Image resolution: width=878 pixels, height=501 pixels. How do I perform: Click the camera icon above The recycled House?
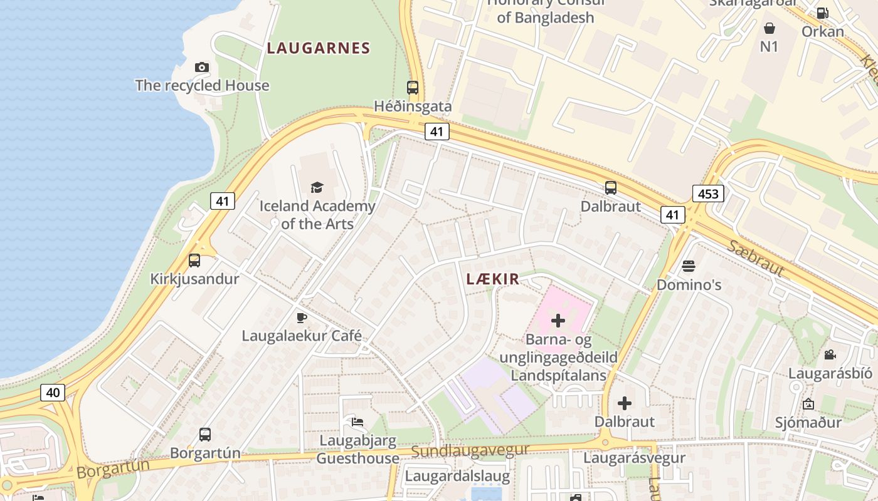tap(201, 67)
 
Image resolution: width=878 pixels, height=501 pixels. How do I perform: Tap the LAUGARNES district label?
tap(318, 48)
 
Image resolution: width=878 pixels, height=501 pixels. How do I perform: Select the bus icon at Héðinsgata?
tap(412, 88)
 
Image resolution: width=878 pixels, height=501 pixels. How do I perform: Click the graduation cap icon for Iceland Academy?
tap(317, 187)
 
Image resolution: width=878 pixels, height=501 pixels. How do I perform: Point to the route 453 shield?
tap(708, 194)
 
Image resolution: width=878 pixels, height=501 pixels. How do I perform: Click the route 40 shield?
tap(53, 393)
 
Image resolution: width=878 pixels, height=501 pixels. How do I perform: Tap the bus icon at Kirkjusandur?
tap(194, 261)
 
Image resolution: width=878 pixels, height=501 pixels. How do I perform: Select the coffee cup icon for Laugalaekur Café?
tap(302, 318)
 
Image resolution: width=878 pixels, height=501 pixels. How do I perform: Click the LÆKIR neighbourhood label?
tap(493, 279)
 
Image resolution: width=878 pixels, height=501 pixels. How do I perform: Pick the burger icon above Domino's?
tap(688, 266)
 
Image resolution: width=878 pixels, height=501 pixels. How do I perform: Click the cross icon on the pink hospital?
tap(558, 321)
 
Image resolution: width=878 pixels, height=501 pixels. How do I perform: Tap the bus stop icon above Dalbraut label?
tap(610, 187)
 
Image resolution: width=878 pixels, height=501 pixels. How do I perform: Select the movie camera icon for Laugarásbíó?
tap(830, 355)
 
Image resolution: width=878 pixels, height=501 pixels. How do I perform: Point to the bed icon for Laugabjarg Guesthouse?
tap(357, 421)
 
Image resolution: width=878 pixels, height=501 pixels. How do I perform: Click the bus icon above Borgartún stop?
tap(204, 434)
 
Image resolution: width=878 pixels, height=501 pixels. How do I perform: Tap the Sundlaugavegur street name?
tap(470, 450)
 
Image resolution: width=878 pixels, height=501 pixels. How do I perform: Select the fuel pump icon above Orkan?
tap(822, 13)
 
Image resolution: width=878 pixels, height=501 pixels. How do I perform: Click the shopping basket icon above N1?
tap(769, 28)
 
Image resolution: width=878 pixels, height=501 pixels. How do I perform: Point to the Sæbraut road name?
tap(756, 257)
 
